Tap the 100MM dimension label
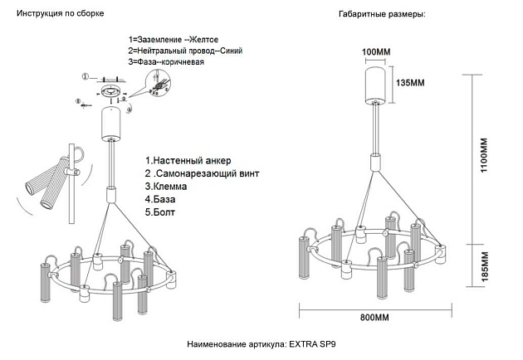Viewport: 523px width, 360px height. [377, 52]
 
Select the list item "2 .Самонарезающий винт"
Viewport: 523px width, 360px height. [202, 174]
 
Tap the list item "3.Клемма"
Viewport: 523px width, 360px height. [166, 187]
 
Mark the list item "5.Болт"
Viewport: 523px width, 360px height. [162, 213]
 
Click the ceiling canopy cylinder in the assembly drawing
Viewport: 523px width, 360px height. [110, 124]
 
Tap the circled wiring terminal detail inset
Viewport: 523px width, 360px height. [156, 85]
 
